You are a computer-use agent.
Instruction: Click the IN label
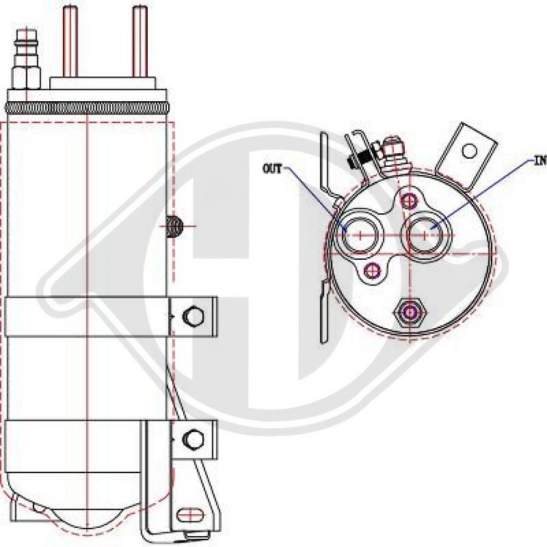pyautogui.click(x=539, y=163)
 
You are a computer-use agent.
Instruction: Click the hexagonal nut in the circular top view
pyautogui.click(x=410, y=312)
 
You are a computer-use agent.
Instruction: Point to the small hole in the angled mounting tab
pyautogui.click(x=470, y=150)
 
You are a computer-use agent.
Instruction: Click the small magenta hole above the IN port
pyautogui.click(x=410, y=200)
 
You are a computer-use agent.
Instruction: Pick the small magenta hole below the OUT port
pyautogui.click(x=373, y=269)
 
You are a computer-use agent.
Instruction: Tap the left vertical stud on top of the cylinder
pyautogui.click(x=70, y=40)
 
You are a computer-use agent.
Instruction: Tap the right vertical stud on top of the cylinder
pyautogui.click(x=139, y=40)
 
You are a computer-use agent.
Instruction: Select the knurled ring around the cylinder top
pyautogui.click(x=88, y=108)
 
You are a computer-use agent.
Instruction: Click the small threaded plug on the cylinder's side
pyautogui.click(x=173, y=226)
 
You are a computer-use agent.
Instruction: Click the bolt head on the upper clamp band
pyautogui.click(x=195, y=315)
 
